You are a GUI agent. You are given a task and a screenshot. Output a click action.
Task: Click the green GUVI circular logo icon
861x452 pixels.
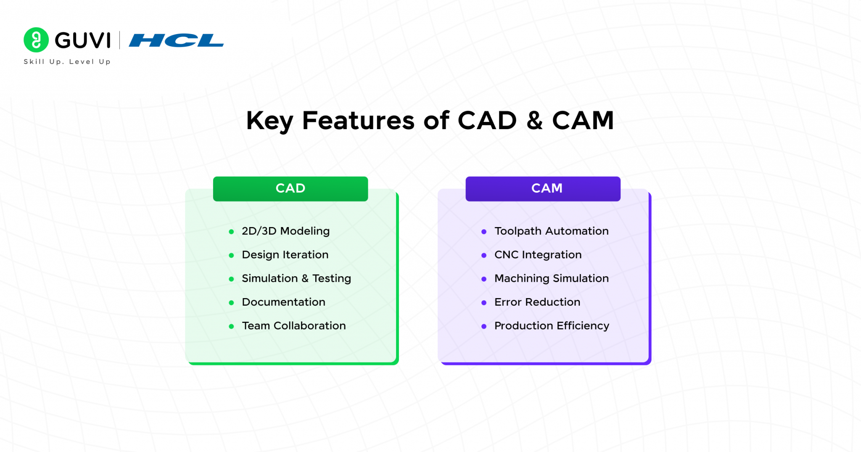36,40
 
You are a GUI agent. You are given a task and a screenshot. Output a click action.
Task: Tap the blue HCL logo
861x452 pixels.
176,40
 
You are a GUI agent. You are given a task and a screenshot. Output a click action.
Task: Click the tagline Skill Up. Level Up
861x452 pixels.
67,62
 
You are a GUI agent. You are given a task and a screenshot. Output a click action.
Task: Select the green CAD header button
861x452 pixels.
290,188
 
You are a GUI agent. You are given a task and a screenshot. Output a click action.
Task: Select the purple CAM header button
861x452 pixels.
543,188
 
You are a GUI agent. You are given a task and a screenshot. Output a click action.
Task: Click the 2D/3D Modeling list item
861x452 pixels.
285,231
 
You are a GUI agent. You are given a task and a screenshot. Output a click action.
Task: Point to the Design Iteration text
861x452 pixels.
285,255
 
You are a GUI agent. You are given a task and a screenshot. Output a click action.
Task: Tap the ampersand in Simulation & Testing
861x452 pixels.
305,278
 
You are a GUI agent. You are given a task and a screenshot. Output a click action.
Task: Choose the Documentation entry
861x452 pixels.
283,302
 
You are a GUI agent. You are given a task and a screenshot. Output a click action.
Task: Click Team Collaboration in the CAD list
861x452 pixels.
293,326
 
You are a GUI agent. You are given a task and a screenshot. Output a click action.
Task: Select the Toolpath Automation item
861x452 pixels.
551,231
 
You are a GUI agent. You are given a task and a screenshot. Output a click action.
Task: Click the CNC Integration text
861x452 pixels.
538,255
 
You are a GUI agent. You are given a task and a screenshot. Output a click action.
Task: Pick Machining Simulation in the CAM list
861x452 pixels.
551,278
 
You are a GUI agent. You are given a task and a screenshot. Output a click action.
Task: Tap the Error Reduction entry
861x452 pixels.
537,302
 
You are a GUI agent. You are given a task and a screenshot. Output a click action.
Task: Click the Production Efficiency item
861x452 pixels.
551,326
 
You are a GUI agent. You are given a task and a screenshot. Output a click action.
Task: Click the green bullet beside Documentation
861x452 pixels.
231,303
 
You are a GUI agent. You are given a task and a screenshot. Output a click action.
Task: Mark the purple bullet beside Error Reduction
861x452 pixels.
484,303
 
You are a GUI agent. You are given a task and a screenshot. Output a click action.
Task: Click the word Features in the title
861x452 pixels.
358,121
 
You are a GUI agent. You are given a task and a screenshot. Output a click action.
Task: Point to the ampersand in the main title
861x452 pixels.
534,121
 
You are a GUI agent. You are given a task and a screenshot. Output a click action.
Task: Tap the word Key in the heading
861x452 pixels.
269,121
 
